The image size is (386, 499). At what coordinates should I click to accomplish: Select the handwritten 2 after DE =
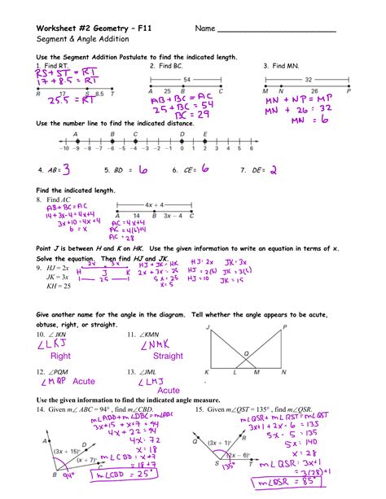tap(274, 170)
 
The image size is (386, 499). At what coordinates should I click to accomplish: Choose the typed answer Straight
tap(168, 356)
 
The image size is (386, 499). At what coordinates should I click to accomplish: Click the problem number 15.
tap(199, 409)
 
